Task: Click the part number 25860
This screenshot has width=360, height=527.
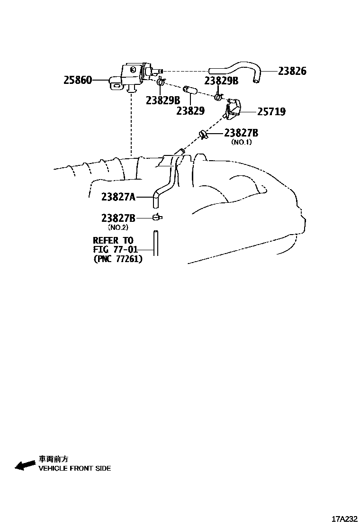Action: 78,80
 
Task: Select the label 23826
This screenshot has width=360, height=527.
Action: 292,71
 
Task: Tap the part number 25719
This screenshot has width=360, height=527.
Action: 271,112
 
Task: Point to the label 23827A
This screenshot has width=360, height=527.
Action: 118,196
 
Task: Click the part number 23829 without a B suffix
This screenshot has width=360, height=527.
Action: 190,111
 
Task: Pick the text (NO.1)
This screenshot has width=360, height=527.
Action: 241,142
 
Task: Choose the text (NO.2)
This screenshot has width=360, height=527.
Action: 118,227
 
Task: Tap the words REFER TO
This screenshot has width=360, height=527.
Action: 113,241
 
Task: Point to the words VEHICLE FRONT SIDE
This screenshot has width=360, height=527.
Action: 75,468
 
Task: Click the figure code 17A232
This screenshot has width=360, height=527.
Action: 344,518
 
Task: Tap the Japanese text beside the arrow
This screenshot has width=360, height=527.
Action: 54,459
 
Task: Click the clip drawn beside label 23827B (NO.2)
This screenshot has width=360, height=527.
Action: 157,218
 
